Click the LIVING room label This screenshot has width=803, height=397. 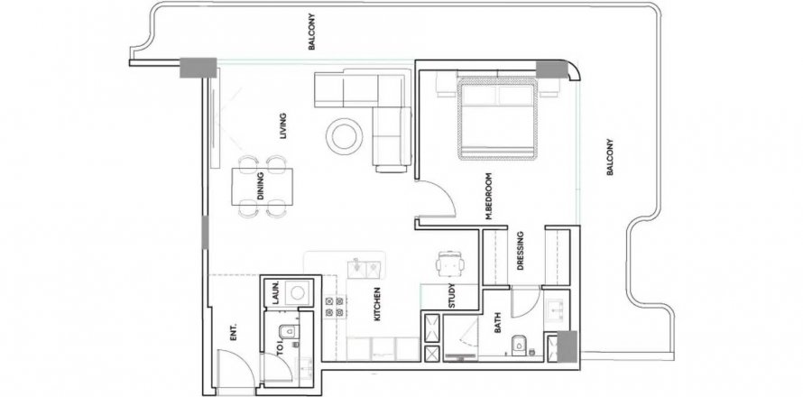click(283, 126)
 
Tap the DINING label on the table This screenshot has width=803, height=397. click(261, 187)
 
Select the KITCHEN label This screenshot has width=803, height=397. click(377, 304)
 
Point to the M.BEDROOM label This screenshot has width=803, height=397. click(489, 196)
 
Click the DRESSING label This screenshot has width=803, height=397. click(521, 251)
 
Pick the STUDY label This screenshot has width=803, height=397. click(452, 296)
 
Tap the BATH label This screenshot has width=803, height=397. click(498, 324)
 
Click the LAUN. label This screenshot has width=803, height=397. click(275, 293)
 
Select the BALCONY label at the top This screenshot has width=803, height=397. click(311, 32)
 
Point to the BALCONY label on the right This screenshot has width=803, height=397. click(609, 157)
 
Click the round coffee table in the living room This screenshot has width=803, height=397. click(345, 135)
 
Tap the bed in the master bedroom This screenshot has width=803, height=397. click(497, 118)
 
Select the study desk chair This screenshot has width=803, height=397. click(450, 263)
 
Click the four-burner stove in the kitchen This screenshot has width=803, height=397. click(335, 307)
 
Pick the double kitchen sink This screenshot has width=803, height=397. click(365, 268)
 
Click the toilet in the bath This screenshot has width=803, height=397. click(518, 345)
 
